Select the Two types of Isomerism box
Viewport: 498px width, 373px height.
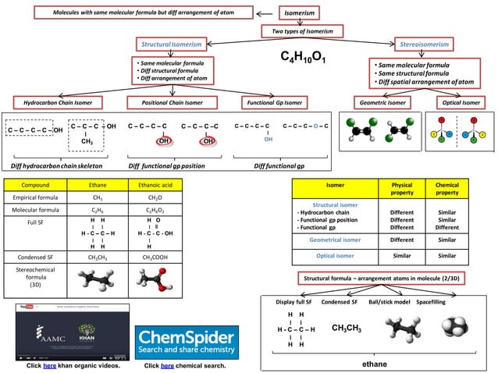[x=302, y=31]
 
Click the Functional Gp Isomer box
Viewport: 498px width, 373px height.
[x=273, y=102]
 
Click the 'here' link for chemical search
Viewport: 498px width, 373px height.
[x=168, y=365]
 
